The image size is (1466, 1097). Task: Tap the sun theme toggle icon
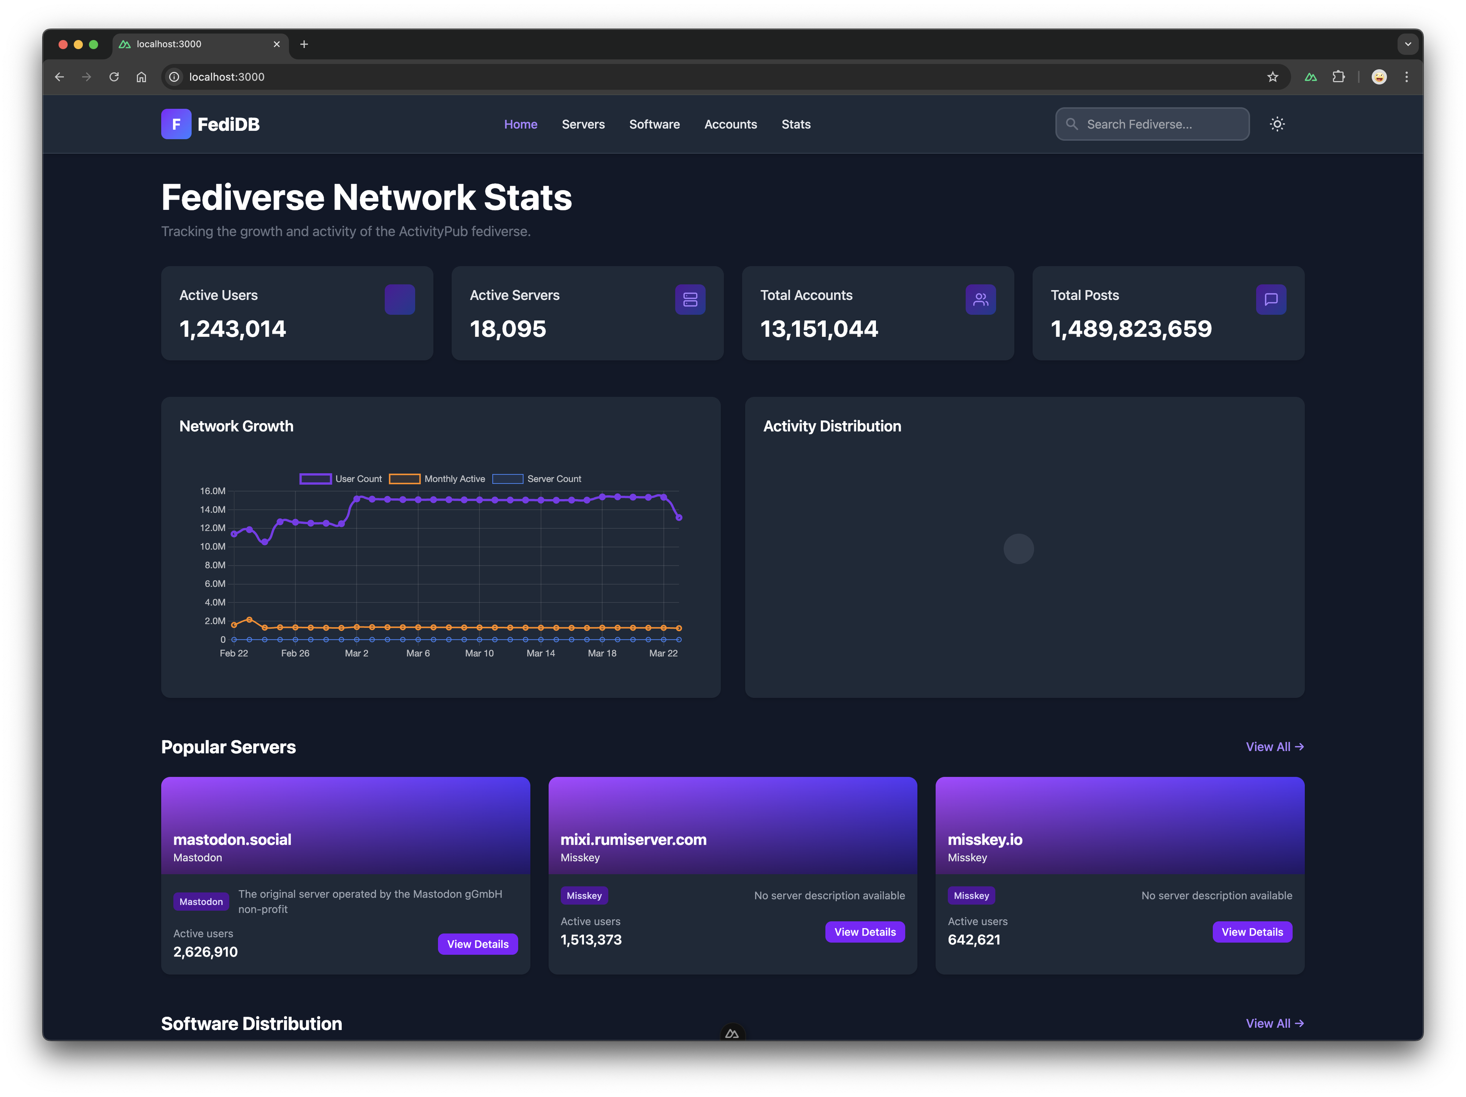[1277, 124]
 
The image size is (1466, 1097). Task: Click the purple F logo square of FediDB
[176, 124]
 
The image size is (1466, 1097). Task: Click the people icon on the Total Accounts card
[980, 299]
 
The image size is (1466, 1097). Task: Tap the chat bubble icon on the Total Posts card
[1270, 299]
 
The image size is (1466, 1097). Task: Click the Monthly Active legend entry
[437, 479]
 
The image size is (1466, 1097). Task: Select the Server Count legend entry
[537, 479]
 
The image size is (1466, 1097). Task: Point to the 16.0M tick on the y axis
[213, 491]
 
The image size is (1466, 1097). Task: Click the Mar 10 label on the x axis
[479, 653]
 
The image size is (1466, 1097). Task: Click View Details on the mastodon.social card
[478, 944]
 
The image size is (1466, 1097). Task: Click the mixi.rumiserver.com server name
[633, 839]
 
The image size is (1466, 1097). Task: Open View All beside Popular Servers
[1274, 747]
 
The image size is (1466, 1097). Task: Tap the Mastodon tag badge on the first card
[201, 902]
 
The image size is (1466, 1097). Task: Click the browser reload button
[114, 77]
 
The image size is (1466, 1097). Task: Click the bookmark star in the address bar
[1273, 77]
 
